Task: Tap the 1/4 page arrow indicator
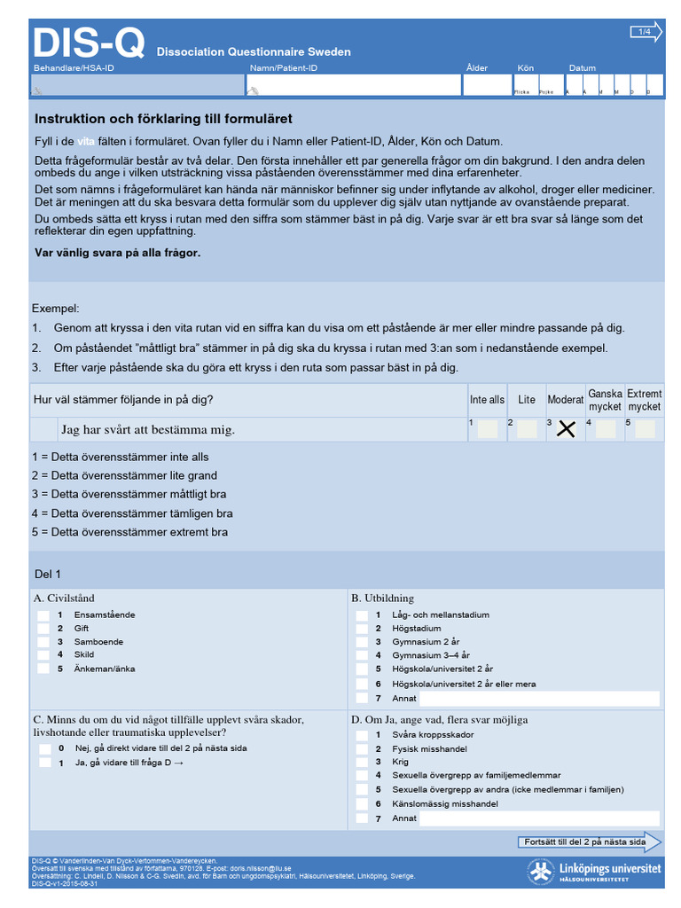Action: [646, 33]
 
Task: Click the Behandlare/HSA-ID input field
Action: [137, 85]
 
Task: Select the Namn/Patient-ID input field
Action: [353, 85]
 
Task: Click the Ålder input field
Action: [486, 85]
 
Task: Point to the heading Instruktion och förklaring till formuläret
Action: [163, 119]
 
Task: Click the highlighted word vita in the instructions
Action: [85, 142]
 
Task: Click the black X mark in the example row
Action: [566, 429]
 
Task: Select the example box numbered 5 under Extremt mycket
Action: [645, 429]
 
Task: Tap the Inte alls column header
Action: [487, 400]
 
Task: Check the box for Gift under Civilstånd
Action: [43, 629]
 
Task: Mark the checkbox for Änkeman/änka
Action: [43, 669]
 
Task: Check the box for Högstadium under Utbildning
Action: [362, 629]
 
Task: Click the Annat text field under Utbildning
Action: [540, 699]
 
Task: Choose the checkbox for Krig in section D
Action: [362, 762]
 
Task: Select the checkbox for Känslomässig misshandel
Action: [362, 803]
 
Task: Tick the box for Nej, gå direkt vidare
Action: [43, 748]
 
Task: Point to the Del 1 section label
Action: [48, 575]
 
